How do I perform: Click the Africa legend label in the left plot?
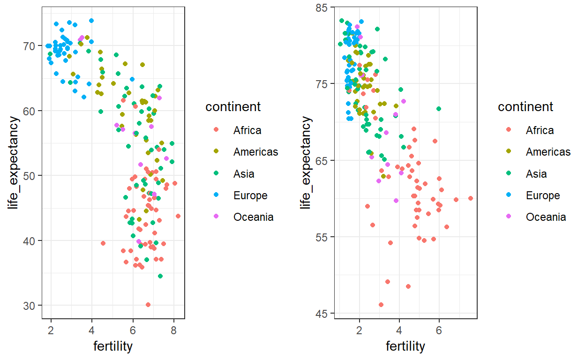[x=247, y=130]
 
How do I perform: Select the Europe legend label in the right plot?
[x=543, y=195]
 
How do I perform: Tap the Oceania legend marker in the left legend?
[x=216, y=217]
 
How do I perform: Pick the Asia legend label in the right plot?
[x=536, y=174]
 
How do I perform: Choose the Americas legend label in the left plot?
[x=255, y=152]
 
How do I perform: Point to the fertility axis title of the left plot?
[x=113, y=346]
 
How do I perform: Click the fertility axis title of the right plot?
[x=405, y=346]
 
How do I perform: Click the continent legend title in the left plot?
[x=233, y=107]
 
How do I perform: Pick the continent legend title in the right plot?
[x=525, y=107]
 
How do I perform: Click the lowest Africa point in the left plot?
[x=148, y=305]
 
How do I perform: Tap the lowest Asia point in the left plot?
[x=160, y=276]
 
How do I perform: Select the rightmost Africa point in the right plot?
[x=471, y=198]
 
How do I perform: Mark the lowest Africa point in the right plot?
[x=381, y=305]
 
